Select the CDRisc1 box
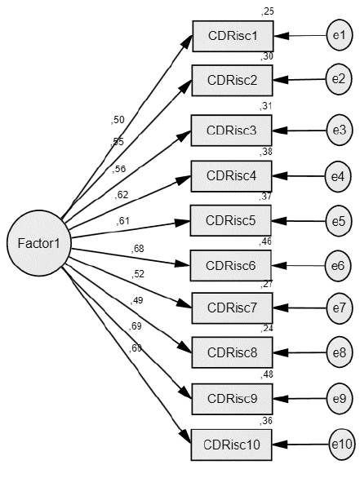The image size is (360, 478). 232,36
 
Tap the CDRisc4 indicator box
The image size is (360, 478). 232,175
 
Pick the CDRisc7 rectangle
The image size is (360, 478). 232,308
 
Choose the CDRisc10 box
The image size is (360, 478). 232,445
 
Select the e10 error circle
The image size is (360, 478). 341,445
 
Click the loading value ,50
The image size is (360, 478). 118,120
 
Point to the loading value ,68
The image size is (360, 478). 137,249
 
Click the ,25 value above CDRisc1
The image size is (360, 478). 267,11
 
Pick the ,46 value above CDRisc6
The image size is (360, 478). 267,242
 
